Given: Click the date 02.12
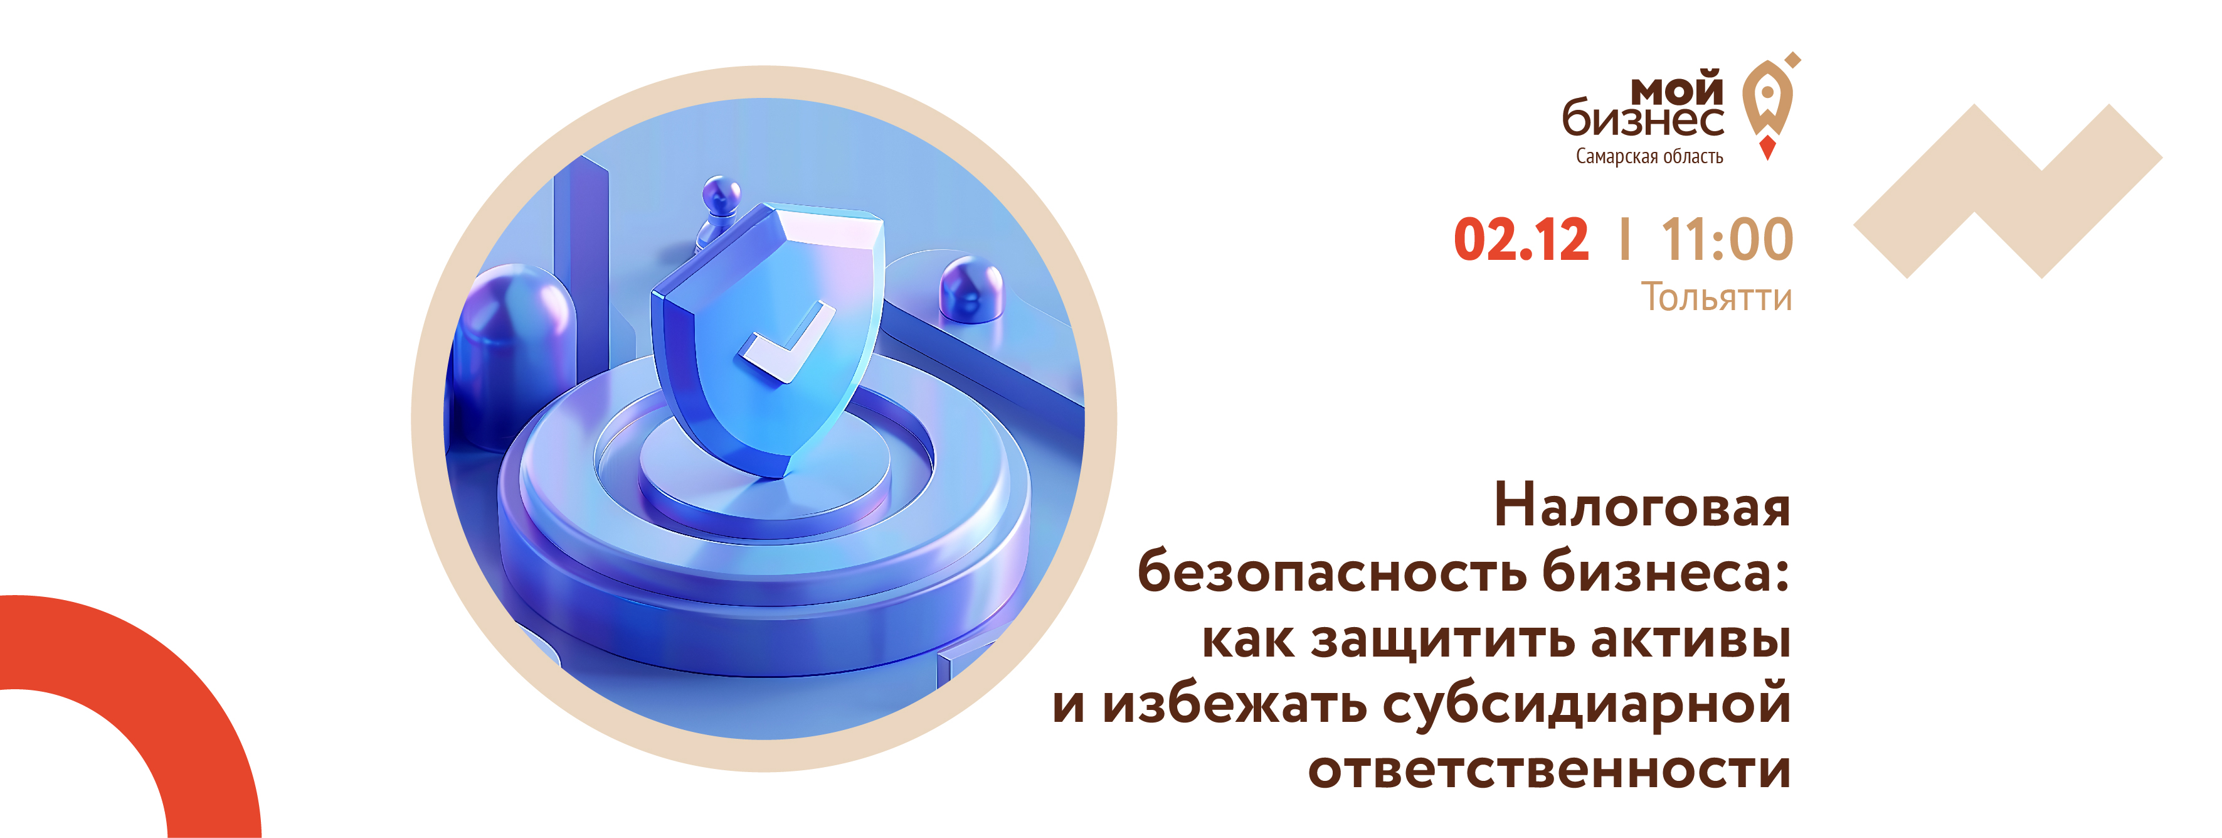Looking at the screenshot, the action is tap(1521, 239).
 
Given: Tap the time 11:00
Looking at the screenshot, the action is tap(1727, 239).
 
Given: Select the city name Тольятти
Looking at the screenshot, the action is tap(1716, 297).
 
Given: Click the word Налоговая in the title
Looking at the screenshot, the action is tap(1643, 506).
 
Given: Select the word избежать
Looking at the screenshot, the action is tap(1234, 704).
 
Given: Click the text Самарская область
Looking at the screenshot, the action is tap(1649, 156).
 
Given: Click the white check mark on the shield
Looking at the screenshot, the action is tap(785, 343).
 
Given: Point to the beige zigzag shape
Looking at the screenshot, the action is tap(2008, 191).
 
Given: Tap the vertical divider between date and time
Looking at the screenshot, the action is tap(1625, 239).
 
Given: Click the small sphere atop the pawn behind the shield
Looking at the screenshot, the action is tap(721, 191).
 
